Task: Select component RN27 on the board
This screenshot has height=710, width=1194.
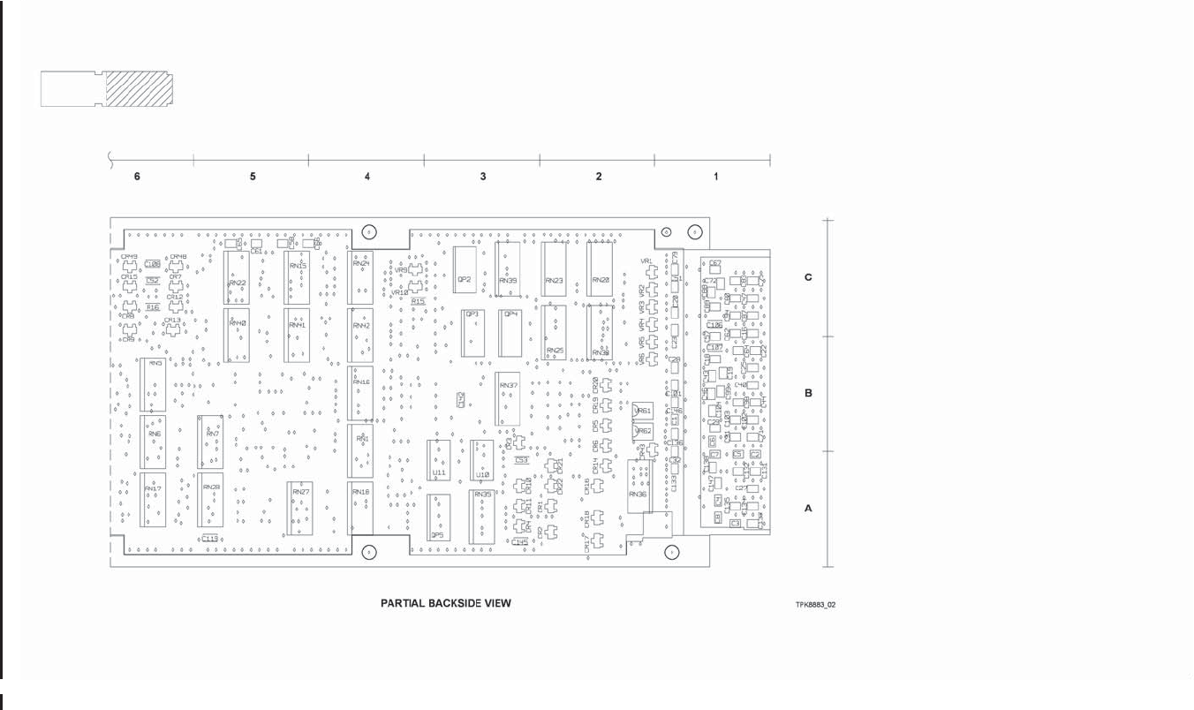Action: [300, 509]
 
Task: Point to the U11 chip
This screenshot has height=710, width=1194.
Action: [439, 461]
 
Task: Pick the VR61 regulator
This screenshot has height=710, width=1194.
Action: [642, 411]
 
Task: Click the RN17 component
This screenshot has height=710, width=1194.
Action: [153, 500]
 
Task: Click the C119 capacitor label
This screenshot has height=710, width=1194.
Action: [210, 538]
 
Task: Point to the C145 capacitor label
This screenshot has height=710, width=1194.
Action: [519, 541]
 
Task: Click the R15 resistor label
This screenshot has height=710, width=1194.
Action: [418, 301]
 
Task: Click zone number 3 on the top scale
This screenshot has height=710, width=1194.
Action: [483, 177]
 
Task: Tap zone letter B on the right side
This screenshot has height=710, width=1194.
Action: [808, 393]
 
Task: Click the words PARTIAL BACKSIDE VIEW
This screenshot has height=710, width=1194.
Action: [445, 603]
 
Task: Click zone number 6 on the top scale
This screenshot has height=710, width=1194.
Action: [137, 177]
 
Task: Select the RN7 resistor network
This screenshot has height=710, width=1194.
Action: [211, 442]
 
